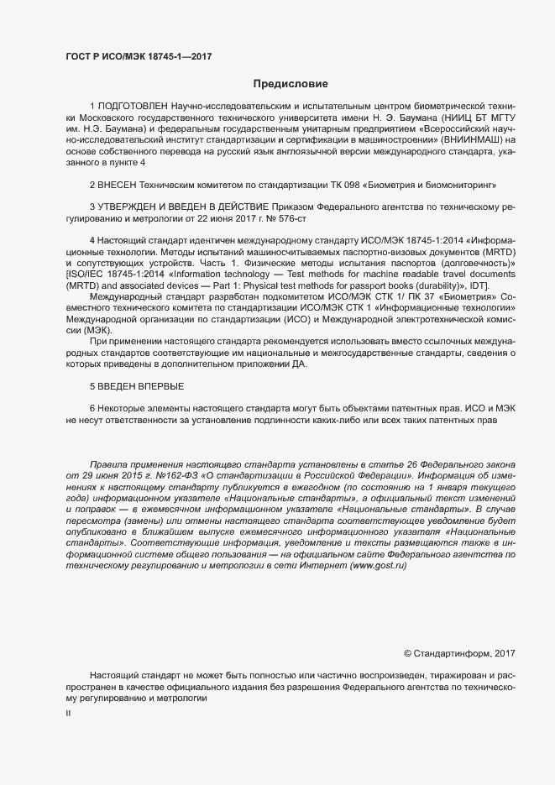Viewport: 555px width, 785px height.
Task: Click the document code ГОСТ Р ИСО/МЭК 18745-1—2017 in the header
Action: (139, 56)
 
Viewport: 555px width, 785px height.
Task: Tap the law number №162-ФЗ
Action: (139, 475)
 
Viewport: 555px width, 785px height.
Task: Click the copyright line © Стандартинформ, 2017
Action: (459, 653)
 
